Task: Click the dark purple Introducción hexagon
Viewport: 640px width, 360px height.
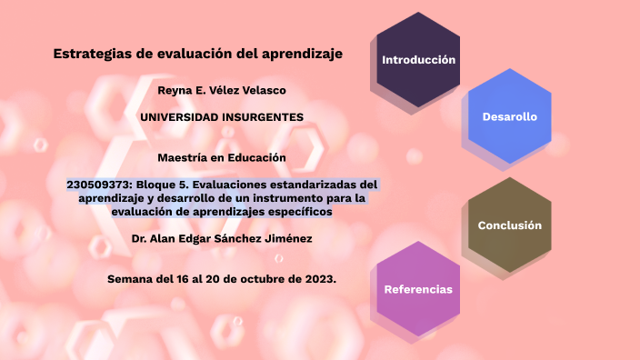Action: [x=418, y=59]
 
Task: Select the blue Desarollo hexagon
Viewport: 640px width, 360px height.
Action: [x=509, y=116]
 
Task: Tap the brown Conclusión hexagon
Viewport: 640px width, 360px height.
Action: [x=509, y=225]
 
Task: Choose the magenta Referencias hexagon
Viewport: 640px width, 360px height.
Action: [x=418, y=289]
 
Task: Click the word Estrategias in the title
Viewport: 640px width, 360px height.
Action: [x=92, y=54]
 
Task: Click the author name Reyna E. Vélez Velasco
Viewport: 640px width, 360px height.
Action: [x=221, y=90]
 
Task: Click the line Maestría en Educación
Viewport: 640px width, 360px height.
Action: [x=221, y=157]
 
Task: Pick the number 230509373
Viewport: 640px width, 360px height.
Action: [x=99, y=185]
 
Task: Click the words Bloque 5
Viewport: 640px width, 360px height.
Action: [x=166, y=185]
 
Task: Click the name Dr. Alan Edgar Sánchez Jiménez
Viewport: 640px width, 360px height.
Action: [x=221, y=238]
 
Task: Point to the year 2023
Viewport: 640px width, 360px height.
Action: [x=319, y=278]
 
